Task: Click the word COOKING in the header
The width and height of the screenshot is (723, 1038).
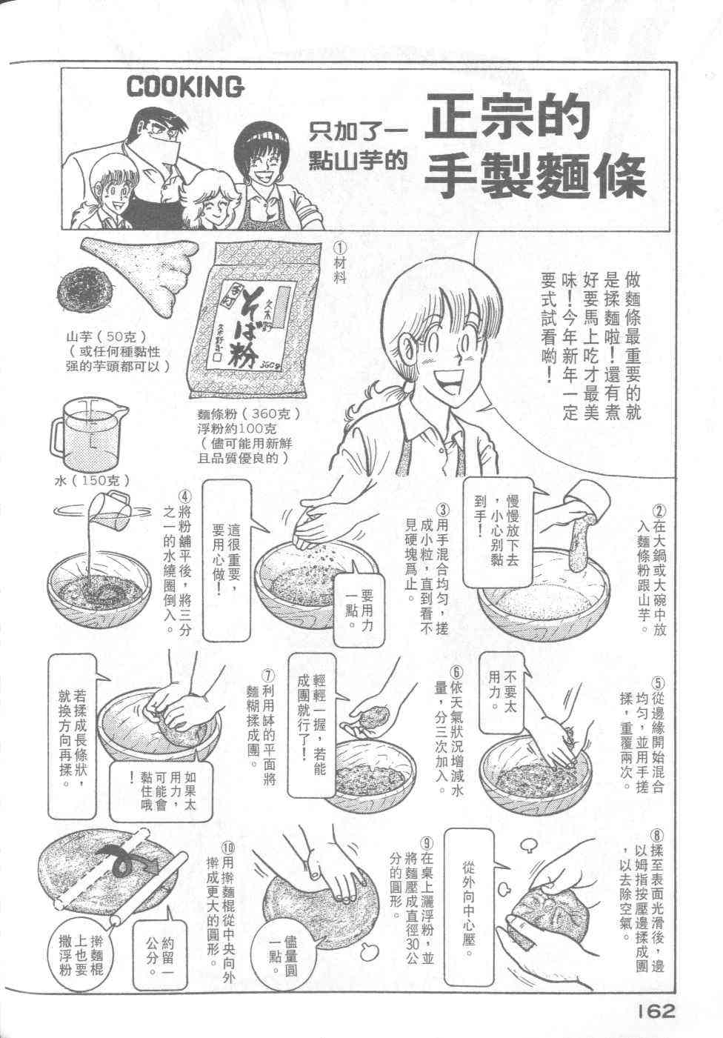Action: [x=184, y=87]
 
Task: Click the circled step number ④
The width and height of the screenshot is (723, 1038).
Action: [x=184, y=496]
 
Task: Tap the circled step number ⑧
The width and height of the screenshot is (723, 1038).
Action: [x=658, y=836]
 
